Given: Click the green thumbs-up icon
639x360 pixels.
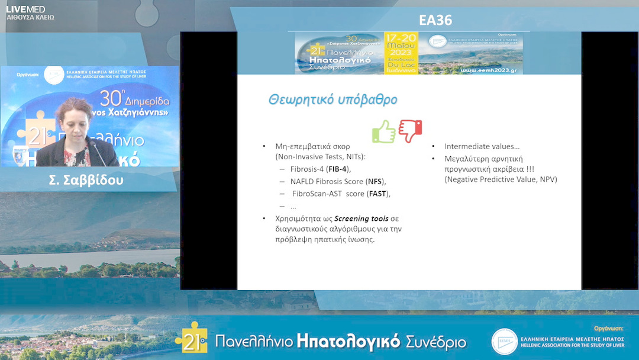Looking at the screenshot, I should (x=384, y=131).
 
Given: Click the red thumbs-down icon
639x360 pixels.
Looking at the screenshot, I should (x=410, y=130).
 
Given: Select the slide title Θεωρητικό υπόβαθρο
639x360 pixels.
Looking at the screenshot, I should (x=333, y=99).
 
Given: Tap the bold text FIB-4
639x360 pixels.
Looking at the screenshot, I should (x=338, y=169).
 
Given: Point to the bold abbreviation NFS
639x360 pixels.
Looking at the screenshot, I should (x=375, y=181).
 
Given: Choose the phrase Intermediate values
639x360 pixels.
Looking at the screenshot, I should (x=482, y=146).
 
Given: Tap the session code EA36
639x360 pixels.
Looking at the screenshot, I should (x=435, y=21).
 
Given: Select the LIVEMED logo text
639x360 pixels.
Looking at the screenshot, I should (x=25, y=9).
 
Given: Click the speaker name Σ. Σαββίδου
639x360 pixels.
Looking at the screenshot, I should (x=86, y=181).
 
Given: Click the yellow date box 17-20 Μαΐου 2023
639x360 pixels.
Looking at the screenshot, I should (x=401, y=53).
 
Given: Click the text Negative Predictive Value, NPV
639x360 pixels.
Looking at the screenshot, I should (x=501, y=179).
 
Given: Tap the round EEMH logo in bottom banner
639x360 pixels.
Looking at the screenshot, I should (x=504, y=341).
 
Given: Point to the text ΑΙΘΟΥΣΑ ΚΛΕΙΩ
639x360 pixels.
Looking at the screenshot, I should (x=30, y=18).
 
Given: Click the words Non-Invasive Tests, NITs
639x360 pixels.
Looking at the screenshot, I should (x=322, y=156).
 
